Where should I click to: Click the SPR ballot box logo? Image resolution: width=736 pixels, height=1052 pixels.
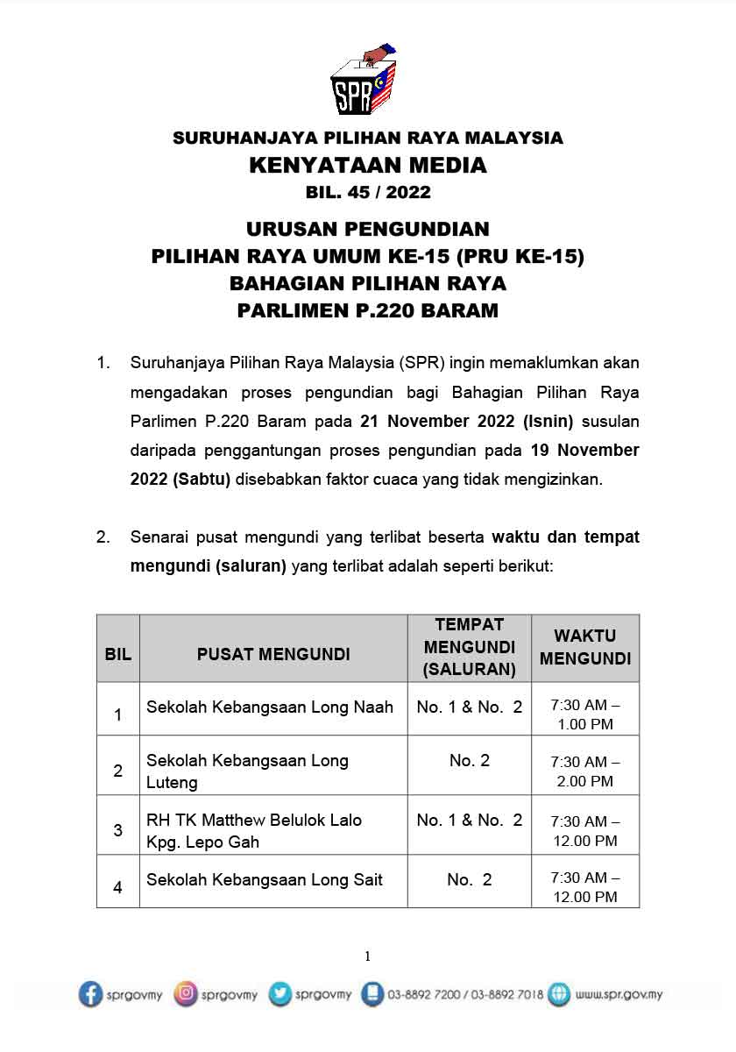pyautogui.click(x=364, y=81)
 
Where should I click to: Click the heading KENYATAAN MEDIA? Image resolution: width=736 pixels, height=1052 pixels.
pyautogui.click(x=368, y=165)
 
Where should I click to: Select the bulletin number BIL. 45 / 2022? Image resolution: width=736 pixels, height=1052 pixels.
pyautogui.click(x=368, y=191)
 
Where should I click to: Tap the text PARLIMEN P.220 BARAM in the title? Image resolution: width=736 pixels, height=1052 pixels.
pyautogui.click(x=368, y=310)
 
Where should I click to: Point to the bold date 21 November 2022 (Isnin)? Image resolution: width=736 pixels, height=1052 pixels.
pyautogui.click(x=466, y=422)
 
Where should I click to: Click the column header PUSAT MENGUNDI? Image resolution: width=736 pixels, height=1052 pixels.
pyautogui.click(x=273, y=654)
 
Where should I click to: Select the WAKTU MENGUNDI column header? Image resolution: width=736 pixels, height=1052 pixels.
pyautogui.click(x=585, y=647)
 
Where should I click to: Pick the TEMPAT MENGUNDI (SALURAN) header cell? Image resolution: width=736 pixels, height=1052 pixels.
pyautogui.click(x=470, y=648)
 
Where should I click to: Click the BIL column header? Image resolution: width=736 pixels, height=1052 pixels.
pyautogui.click(x=118, y=654)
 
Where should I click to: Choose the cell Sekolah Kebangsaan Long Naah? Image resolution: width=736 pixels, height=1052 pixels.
pyautogui.click(x=270, y=707)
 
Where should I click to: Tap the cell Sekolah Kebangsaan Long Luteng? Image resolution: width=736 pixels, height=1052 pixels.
pyautogui.click(x=247, y=771)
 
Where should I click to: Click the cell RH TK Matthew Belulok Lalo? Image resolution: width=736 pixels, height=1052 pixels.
pyautogui.click(x=254, y=831)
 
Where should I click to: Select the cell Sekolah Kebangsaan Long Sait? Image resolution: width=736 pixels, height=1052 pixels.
pyautogui.click(x=265, y=880)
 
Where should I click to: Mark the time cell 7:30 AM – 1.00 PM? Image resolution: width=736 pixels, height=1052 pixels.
pyautogui.click(x=585, y=714)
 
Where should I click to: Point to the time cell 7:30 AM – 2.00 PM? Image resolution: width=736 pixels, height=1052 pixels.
pyautogui.click(x=585, y=771)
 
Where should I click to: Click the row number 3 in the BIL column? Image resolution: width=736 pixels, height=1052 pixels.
pyautogui.click(x=118, y=830)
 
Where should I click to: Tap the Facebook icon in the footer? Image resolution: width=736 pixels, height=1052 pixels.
pyautogui.click(x=90, y=994)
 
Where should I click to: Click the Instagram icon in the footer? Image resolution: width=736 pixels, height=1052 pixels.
pyautogui.click(x=186, y=994)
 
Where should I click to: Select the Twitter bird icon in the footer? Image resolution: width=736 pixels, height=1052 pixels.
pyautogui.click(x=280, y=994)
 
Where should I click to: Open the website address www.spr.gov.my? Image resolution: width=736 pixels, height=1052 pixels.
pyautogui.click(x=619, y=995)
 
